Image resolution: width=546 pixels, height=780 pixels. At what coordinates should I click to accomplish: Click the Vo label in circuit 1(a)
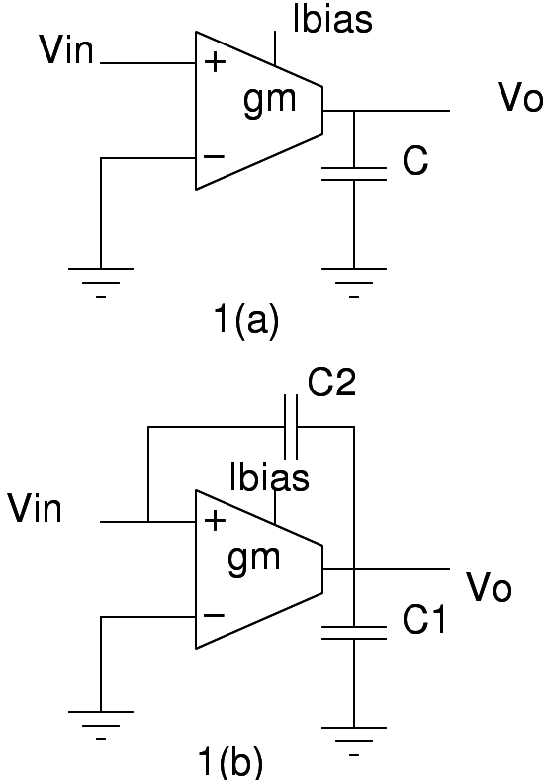(x=520, y=99)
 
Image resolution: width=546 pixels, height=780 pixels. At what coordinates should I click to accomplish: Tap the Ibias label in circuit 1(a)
(x=332, y=20)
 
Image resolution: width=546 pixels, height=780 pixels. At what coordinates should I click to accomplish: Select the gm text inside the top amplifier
(x=269, y=102)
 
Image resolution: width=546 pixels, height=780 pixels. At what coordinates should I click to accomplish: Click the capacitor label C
(x=414, y=162)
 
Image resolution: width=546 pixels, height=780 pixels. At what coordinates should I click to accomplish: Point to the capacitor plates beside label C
(x=353, y=174)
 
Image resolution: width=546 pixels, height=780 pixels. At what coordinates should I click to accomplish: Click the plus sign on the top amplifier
(x=214, y=63)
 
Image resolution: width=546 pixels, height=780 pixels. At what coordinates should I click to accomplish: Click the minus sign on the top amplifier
(x=214, y=157)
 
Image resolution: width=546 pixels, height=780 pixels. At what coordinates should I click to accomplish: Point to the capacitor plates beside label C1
(x=353, y=632)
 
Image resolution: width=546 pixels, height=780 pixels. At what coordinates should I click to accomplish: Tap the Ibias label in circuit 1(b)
(x=268, y=477)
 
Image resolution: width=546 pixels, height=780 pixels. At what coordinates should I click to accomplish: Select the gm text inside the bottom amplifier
(x=254, y=559)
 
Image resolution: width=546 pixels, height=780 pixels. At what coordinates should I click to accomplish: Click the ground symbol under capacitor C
(x=353, y=276)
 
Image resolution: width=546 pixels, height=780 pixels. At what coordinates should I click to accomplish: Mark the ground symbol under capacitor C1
(x=353, y=737)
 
